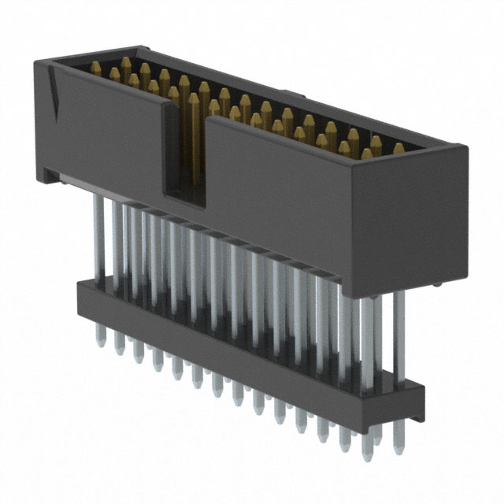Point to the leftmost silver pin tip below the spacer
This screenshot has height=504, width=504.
click(x=101, y=337)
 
